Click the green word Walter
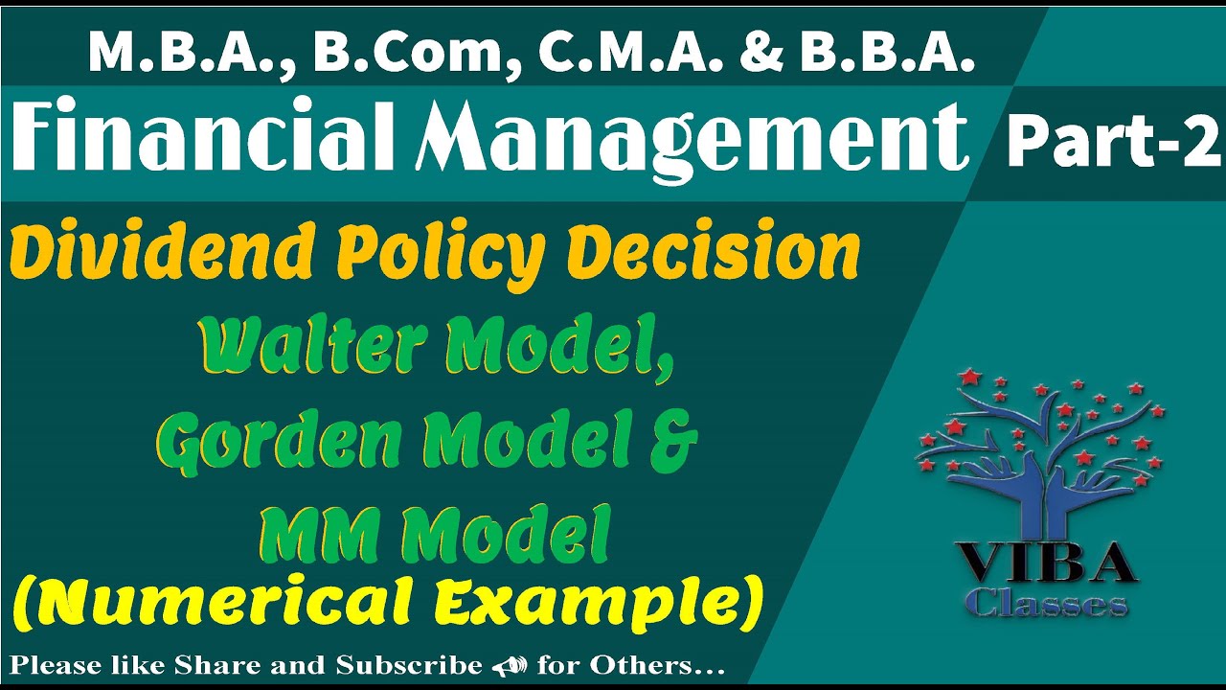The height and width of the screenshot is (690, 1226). coord(314,346)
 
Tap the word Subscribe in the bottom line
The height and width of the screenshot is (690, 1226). coord(409,665)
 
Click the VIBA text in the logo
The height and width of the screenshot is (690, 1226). coord(1044,563)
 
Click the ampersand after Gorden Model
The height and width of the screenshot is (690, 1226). coord(674,443)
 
